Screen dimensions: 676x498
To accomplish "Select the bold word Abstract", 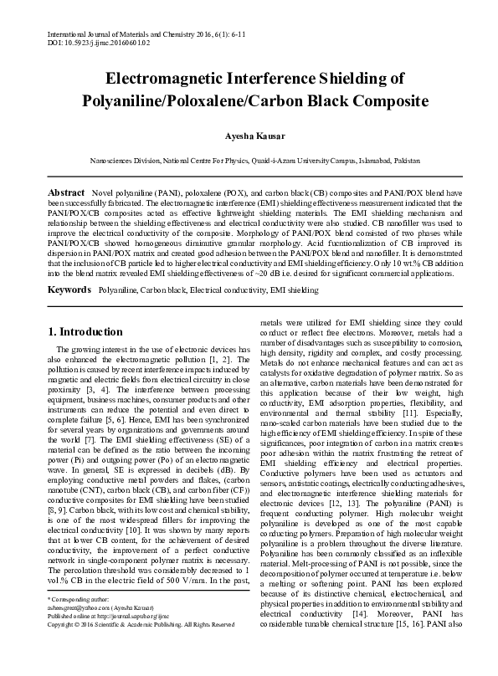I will (66, 192).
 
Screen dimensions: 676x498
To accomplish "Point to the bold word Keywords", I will (69, 289).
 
